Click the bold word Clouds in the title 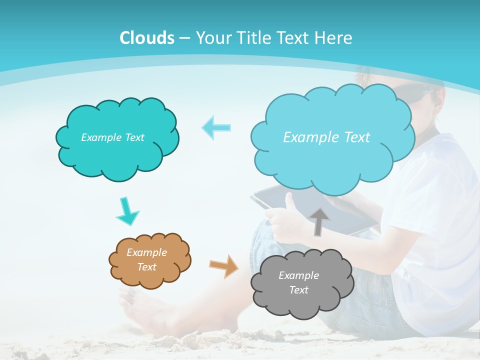(146, 38)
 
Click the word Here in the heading (334, 38)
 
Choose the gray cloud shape (302, 300)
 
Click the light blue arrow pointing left (216, 127)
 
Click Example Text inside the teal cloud (112, 137)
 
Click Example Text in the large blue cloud (326, 137)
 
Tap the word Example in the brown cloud (146, 252)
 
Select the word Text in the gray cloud (298, 290)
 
